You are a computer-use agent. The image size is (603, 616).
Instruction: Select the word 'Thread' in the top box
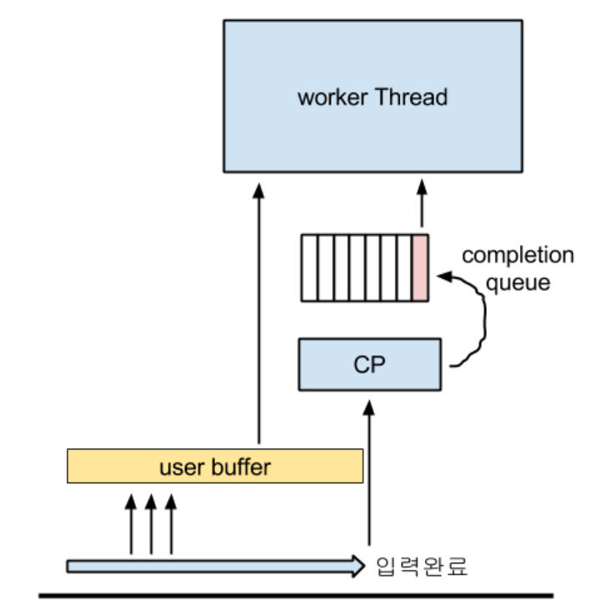411,97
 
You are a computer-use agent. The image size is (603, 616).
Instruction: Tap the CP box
370,364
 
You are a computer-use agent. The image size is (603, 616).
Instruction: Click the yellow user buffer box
215,466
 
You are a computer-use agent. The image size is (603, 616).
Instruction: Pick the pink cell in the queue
420,267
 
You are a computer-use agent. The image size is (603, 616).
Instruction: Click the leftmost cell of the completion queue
308,267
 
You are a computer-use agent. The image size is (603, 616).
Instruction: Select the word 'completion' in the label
518,256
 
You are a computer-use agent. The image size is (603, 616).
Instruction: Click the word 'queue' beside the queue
518,283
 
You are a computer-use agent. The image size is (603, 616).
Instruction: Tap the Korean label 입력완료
423,567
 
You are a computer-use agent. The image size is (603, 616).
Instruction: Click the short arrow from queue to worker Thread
421,205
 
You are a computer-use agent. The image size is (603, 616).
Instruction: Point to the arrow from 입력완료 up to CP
367,476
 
